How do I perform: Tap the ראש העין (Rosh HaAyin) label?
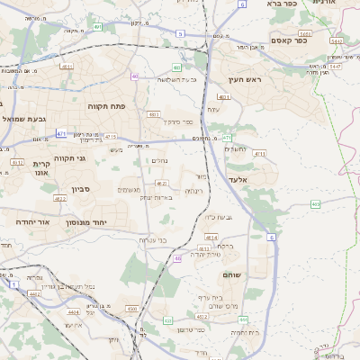point(244,80)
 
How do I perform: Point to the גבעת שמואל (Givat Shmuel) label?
point(24,119)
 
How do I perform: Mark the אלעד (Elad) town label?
point(262,180)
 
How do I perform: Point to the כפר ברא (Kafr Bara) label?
point(281,4)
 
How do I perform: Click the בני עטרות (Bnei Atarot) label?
point(153,240)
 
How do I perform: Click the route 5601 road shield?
point(306,32)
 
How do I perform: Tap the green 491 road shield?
point(96,27)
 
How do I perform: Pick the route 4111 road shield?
point(259,154)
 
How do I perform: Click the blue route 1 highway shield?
point(14,284)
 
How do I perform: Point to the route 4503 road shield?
point(132,309)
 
